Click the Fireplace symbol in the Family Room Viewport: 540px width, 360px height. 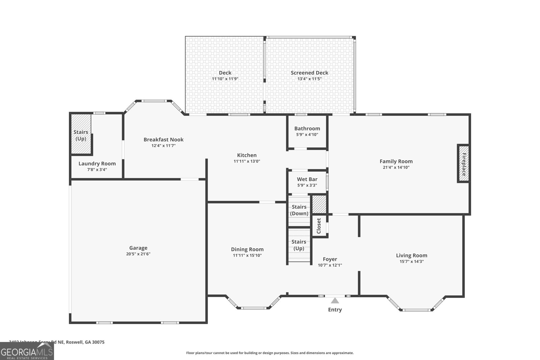(x=464, y=164)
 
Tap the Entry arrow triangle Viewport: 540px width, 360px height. (x=334, y=301)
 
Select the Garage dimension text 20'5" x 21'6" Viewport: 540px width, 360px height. (x=138, y=254)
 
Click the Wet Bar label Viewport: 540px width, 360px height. (x=307, y=179)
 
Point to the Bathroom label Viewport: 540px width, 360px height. (x=307, y=129)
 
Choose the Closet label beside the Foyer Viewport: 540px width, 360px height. (x=319, y=226)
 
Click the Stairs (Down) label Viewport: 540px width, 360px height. (x=299, y=210)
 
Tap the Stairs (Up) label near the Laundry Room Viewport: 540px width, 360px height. (x=81, y=135)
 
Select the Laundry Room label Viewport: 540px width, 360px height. (x=97, y=164)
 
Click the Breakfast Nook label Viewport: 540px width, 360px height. (x=163, y=140)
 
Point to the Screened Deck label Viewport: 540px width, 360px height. (x=309, y=73)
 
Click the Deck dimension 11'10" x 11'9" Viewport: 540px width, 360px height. (x=225, y=79)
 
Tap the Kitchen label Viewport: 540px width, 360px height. (x=247, y=155)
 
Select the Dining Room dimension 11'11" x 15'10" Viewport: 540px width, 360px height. (x=247, y=255)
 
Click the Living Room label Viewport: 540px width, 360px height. (x=411, y=255)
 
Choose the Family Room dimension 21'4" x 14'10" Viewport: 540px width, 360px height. (x=396, y=167)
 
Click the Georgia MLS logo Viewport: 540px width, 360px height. (x=27, y=352)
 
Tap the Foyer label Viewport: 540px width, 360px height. (x=330, y=259)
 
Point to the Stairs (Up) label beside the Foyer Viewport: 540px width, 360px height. (x=299, y=245)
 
